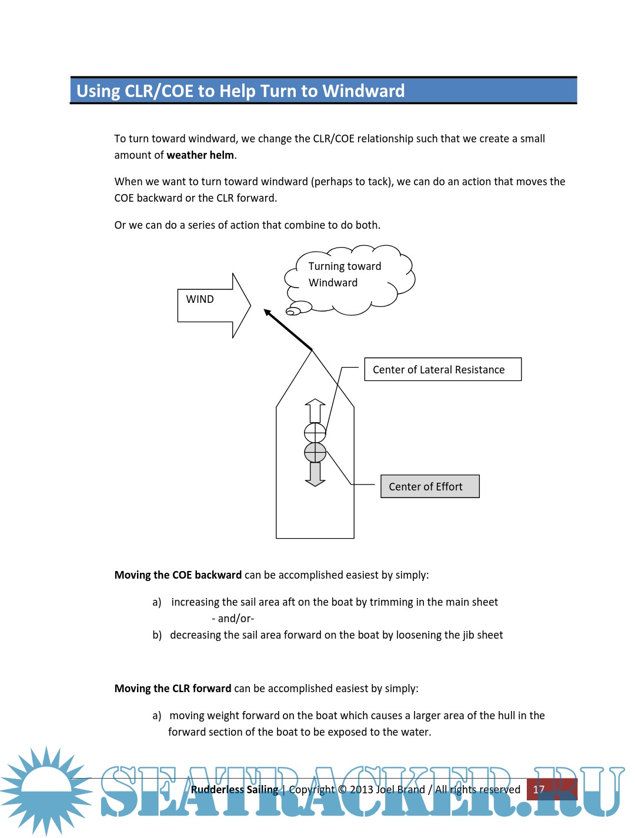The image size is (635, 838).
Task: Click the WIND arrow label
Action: (200, 299)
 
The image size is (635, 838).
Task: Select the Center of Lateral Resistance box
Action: (443, 369)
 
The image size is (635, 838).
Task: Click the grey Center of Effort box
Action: (430, 486)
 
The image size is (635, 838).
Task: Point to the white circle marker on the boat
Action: (315, 433)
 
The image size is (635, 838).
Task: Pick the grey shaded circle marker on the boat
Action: (315, 452)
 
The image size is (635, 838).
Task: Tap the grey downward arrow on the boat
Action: (315, 474)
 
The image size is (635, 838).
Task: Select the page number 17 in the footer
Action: (539, 789)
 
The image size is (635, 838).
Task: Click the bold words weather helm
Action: (200, 155)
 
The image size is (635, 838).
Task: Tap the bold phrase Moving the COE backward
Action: (178, 575)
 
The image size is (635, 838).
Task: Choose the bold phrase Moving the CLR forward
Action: (173, 689)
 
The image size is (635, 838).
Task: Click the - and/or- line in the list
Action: (233, 619)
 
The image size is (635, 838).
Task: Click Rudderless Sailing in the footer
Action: (234, 790)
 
